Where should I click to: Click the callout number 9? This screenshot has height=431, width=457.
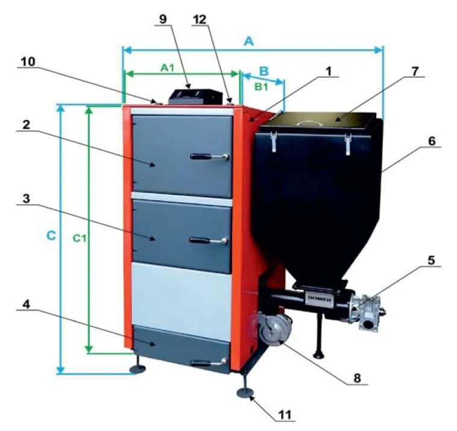point(163,19)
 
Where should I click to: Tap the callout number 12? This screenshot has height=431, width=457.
point(200,19)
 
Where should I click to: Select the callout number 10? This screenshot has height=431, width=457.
point(28,61)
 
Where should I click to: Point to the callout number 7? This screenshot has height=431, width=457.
point(415,71)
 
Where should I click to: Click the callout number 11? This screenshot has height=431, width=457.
point(285,415)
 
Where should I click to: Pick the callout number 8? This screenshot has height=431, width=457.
point(357,378)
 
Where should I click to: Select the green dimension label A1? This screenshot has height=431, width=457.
point(167,68)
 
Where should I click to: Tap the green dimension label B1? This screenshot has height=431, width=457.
point(261,87)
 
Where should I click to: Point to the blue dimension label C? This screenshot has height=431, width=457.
point(51,236)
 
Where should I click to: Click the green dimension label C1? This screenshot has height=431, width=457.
point(79,238)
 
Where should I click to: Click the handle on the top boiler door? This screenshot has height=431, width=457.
point(209,157)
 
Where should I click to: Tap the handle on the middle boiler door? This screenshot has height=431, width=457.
point(208,241)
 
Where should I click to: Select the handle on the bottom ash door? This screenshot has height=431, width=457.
point(209,363)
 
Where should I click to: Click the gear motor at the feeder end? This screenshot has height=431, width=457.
point(368,313)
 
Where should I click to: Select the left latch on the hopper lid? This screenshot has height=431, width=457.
point(274,142)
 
